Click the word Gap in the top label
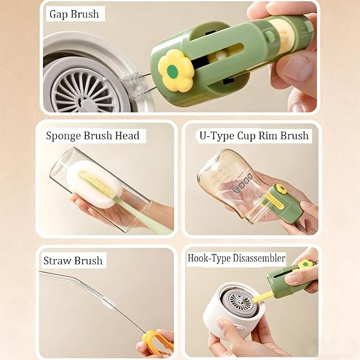58,14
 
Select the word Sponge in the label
63,136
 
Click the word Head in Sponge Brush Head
127,135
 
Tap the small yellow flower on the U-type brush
281,189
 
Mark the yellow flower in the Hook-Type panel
305,265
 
